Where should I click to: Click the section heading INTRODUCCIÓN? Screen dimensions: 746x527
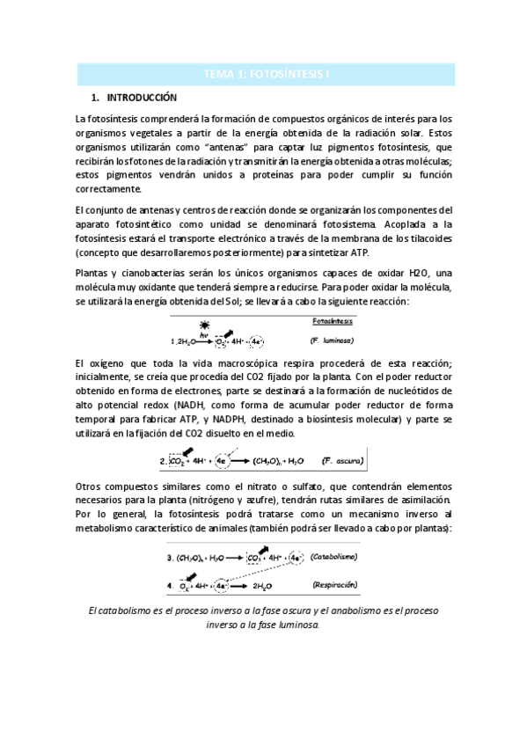click(x=142, y=97)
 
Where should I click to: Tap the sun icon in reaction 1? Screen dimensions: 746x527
click(x=204, y=325)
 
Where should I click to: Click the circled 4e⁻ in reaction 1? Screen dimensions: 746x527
click(x=256, y=340)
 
